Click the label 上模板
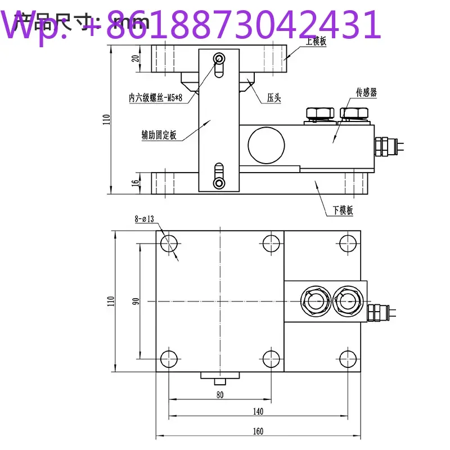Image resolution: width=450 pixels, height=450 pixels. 316,42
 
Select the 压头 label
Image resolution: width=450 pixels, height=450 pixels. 274,98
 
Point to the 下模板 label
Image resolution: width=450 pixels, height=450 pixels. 342,210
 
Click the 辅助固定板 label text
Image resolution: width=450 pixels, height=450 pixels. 159,135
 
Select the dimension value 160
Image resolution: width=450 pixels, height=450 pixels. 258,431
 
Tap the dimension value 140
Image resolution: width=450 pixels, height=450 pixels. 258,412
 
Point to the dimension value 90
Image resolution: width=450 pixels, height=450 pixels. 136,301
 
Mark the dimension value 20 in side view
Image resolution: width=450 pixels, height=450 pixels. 136,60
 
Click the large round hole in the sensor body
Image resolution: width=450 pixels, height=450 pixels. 264,141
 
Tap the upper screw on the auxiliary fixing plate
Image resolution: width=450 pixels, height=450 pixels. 219,59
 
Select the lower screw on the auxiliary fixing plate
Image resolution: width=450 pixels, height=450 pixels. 219,183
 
